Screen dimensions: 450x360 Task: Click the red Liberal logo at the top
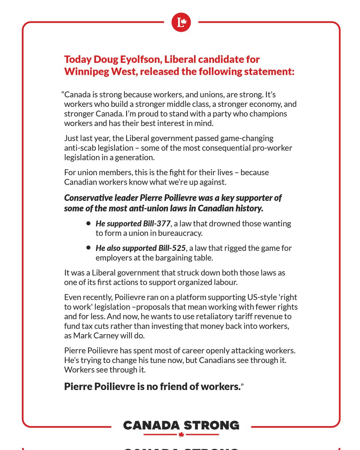click(181, 23)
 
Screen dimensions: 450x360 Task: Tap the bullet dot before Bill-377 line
click(88, 223)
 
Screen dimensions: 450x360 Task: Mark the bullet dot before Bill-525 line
click(88, 248)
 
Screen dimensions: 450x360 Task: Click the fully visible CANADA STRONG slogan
click(181, 425)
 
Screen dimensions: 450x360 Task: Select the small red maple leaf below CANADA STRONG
click(181, 435)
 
